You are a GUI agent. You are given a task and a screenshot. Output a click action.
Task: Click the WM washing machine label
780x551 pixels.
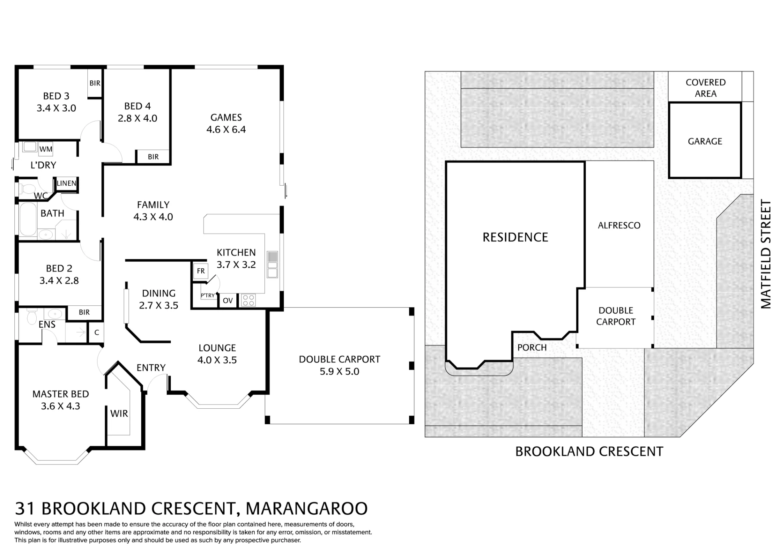[x=46, y=149]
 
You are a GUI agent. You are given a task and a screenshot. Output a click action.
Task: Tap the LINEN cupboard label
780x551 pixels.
[x=66, y=183]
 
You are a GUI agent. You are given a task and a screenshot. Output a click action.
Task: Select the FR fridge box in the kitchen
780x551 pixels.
[x=201, y=271]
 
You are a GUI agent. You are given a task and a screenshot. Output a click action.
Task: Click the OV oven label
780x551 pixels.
[x=228, y=301]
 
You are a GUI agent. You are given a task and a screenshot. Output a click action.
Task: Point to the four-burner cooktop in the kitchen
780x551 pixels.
[x=248, y=300]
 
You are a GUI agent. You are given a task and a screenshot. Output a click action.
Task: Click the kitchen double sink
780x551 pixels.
[x=273, y=264]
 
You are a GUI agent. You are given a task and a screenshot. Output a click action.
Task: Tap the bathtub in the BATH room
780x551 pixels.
[x=27, y=219]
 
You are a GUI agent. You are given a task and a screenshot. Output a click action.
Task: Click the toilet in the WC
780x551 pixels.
[x=28, y=189]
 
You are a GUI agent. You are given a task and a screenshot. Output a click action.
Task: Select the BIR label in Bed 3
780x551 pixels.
[x=95, y=83]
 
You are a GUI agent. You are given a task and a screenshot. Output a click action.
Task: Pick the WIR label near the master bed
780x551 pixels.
[x=119, y=413]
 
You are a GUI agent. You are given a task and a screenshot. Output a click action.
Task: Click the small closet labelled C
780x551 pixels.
[x=97, y=333]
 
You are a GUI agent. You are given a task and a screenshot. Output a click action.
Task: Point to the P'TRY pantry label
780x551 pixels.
[x=208, y=296]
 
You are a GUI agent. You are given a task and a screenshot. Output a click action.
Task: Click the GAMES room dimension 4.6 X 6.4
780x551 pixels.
[x=226, y=129]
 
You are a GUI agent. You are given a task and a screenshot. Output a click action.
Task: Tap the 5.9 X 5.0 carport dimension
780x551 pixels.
[x=339, y=372]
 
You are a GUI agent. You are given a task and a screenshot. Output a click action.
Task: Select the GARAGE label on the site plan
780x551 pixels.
[x=705, y=141]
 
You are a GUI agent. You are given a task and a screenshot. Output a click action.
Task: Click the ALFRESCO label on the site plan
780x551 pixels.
[x=619, y=225]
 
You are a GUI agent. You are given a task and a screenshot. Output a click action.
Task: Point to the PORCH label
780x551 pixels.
[x=532, y=347]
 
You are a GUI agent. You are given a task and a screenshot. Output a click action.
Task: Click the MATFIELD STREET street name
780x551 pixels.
[x=766, y=254]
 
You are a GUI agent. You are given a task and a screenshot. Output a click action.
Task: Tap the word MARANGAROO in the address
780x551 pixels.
[x=307, y=508]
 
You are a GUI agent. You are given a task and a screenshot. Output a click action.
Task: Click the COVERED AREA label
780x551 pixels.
[x=706, y=88]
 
